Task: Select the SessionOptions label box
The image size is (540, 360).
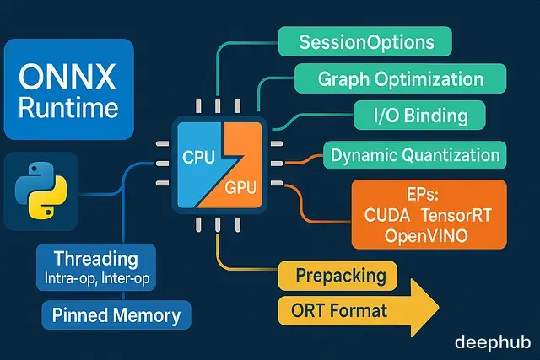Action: coord(364,42)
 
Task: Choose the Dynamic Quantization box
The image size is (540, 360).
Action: coord(413,155)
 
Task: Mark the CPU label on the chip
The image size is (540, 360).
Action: coord(198,155)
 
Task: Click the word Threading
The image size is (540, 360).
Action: coord(95,258)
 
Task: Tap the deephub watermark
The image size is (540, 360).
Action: coord(490,341)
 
